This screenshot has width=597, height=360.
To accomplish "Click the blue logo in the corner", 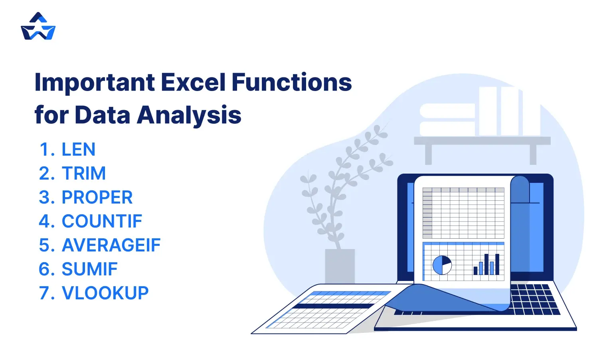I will point(38,27).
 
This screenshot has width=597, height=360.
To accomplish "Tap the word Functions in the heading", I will point(291,83).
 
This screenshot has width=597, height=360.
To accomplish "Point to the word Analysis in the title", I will point(189,115).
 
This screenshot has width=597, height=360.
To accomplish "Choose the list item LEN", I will point(78,150).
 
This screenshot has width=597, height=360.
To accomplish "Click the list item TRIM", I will point(84,174).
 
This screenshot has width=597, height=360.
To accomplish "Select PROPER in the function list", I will point(97,198).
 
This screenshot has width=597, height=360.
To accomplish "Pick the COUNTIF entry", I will point(102,222).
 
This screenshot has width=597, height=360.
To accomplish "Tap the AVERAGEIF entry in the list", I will point(111,245).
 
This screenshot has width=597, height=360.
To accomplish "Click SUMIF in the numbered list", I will point(89,269).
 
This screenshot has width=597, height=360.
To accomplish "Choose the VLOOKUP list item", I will point(105,293).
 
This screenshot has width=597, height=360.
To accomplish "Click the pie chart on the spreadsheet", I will point(442,265).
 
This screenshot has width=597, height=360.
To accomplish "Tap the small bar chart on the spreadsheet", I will point(486,265).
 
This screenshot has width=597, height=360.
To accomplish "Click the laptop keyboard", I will point(533,299).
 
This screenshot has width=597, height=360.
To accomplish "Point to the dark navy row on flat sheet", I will point(333,306).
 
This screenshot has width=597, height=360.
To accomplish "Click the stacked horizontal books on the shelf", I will point(447,120).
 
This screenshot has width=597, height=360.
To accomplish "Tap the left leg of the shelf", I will point(428,154).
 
